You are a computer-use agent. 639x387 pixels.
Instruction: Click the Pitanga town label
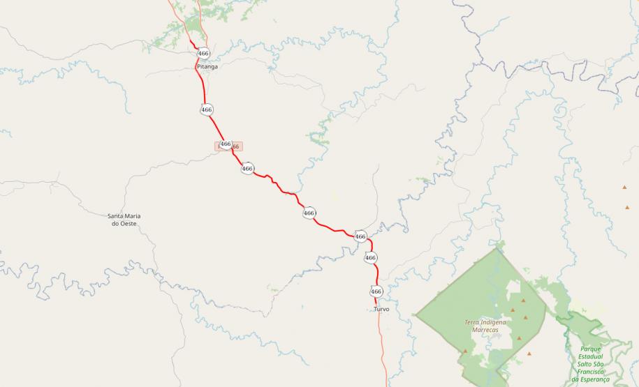(207, 67)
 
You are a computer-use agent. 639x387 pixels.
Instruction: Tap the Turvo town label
(381, 308)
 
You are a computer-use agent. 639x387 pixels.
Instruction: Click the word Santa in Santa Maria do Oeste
(116, 215)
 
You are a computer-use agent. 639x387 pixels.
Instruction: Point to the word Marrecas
(485, 330)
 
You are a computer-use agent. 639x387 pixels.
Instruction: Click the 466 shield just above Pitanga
(203, 53)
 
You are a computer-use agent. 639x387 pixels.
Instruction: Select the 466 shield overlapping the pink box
(225, 144)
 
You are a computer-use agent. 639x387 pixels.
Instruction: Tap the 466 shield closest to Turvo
(376, 291)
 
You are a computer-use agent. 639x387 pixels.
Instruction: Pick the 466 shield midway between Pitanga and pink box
(207, 109)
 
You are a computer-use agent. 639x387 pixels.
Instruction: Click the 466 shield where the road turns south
(360, 236)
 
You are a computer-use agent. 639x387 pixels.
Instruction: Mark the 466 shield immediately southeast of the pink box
(247, 168)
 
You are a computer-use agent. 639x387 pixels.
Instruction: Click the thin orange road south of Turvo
(383, 349)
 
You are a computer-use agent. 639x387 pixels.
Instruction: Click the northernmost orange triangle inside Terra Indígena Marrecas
(523, 300)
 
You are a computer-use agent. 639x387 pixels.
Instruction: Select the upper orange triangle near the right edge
(625, 187)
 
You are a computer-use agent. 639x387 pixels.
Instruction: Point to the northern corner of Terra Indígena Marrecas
(497, 248)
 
